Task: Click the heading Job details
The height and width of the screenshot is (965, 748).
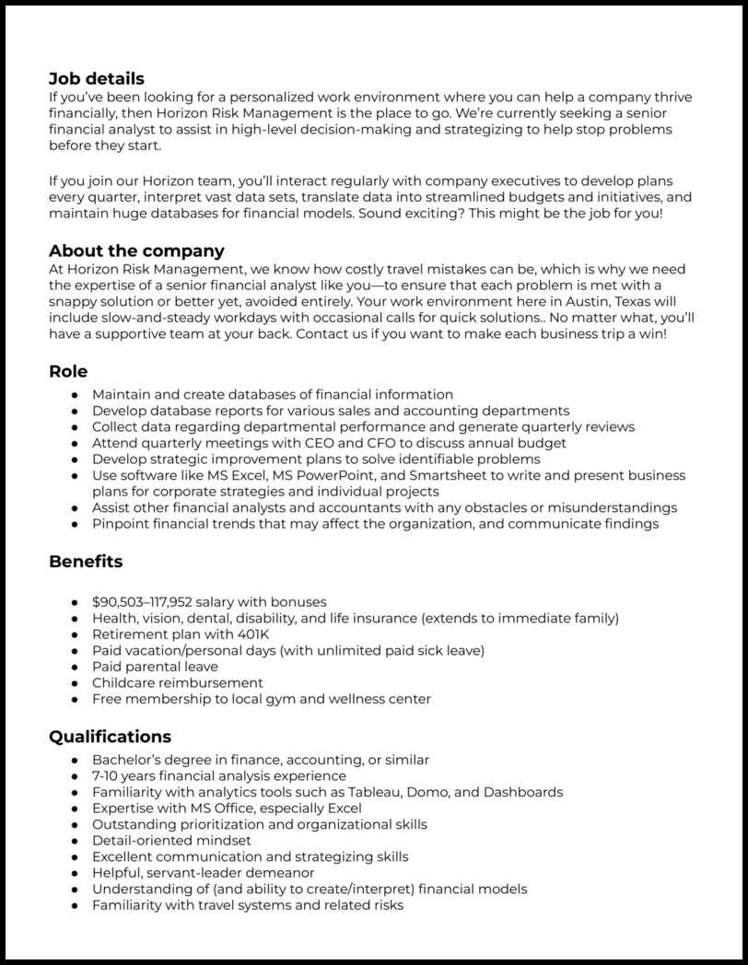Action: pyautogui.click(x=96, y=79)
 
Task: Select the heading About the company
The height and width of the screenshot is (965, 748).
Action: pyautogui.click(x=136, y=250)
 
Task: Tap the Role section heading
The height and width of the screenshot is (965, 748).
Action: pyautogui.click(x=68, y=371)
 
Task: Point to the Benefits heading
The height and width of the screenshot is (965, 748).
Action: pyautogui.click(x=86, y=561)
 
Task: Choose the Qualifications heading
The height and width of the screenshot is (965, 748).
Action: pyautogui.click(x=110, y=737)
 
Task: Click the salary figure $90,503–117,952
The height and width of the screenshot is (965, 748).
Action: pyautogui.click(x=142, y=602)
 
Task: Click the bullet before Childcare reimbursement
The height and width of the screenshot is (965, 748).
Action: pyautogui.click(x=75, y=682)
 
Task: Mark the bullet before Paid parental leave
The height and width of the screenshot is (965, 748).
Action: pyautogui.click(x=75, y=667)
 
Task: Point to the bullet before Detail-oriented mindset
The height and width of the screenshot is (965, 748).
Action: pyautogui.click(x=75, y=841)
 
